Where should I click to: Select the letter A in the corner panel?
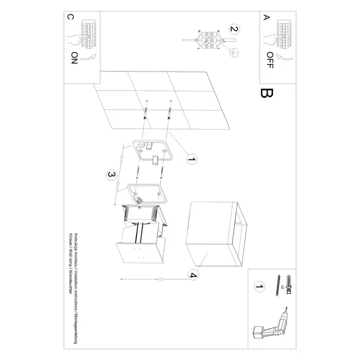tap(266, 17)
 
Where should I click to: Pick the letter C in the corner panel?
tap(70, 17)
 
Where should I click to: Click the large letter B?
tap(267, 94)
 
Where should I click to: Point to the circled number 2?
tap(235, 29)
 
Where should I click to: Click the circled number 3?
tap(110, 175)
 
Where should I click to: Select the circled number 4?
tap(192, 275)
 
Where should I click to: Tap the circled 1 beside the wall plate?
tap(191, 160)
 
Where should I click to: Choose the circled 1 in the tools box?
tap(259, 286)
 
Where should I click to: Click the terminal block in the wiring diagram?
tap(208, 41)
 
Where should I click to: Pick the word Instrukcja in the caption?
tap(76, 242)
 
